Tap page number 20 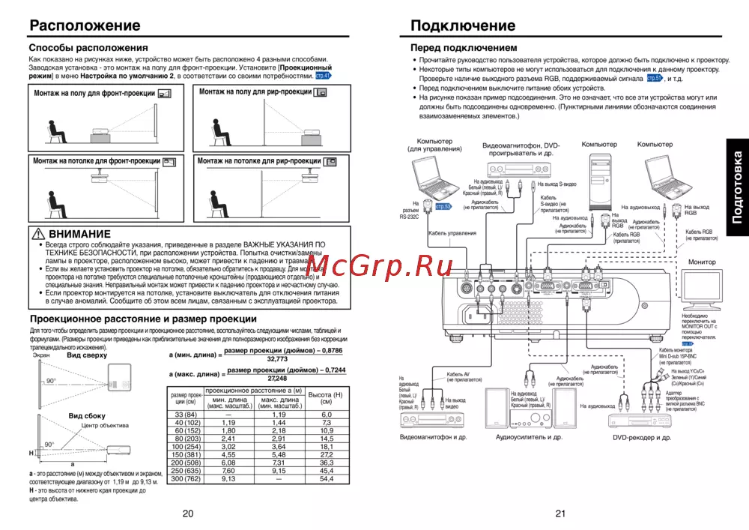click(187, 513)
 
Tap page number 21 click(560, 513)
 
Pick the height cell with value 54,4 click(327, 478)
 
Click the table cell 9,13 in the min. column click(228, 478)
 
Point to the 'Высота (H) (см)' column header click(327, 398)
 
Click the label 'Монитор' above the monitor click(701, 262)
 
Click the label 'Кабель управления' click(452, 233)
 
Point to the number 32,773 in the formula click(277, 359)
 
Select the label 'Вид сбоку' click(88, 415)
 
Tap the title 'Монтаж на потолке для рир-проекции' click(258, 160)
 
